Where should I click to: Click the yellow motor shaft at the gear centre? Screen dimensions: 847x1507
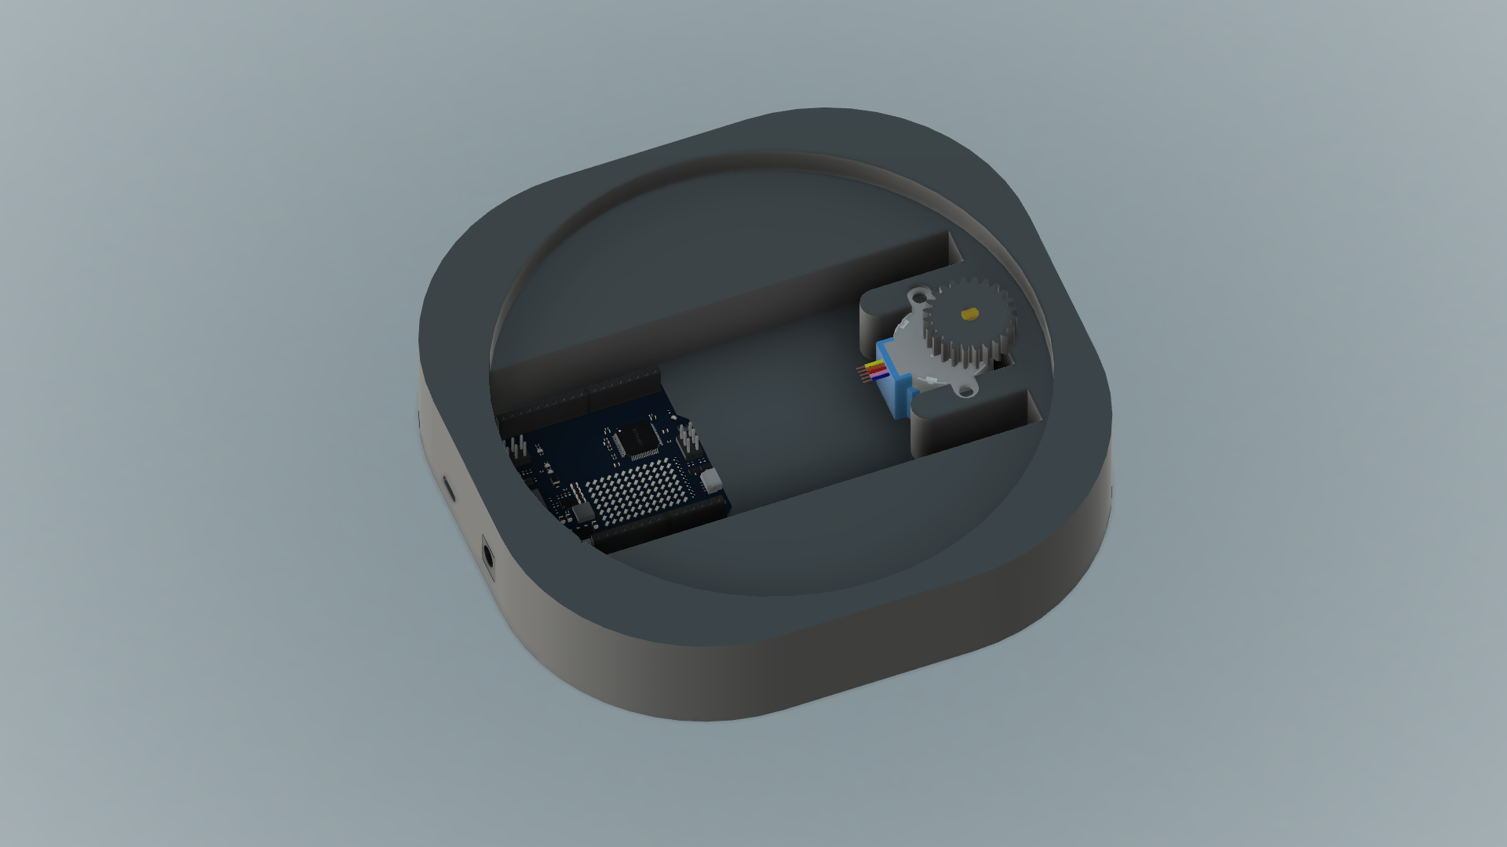969,314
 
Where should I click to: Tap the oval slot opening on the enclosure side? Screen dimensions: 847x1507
448,488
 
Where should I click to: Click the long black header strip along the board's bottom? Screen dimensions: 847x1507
659,529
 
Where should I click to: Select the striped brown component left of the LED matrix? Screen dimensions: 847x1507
575,492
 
